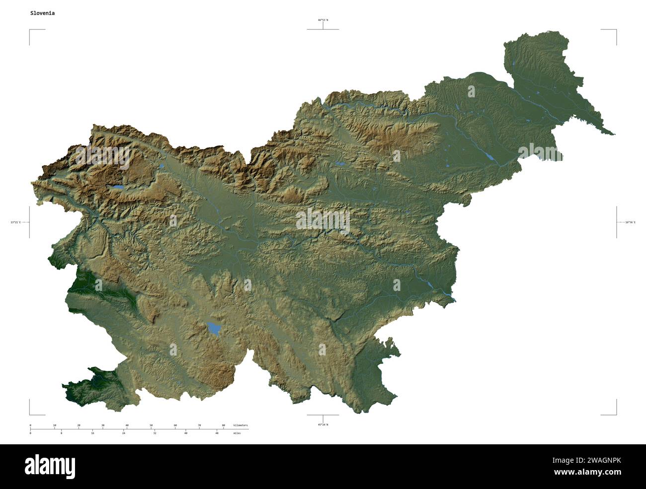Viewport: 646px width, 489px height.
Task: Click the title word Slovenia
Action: (42, 13)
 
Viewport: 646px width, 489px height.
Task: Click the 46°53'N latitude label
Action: (323, 20)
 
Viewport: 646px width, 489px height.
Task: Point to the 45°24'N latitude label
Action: (323, 424)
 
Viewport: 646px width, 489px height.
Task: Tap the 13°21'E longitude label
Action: (16, 222)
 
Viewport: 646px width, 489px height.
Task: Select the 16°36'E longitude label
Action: (630, 222)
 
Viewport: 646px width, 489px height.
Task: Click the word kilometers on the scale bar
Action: (241, 425)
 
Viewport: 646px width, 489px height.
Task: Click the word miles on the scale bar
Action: (237, 433)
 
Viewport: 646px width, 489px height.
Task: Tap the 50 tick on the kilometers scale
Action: (151, 425)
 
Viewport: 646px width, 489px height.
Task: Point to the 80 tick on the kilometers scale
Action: (223, 425)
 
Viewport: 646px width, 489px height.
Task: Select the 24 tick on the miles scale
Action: (124, 433)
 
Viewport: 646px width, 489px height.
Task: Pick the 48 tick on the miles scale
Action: (217, 433)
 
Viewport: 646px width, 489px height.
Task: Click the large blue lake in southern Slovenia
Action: (214, 328)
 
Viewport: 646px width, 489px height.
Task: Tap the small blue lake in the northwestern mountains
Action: (117, 187)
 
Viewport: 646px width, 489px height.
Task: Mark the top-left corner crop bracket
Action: (31, 31)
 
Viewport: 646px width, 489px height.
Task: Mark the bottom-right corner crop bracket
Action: (615, 414)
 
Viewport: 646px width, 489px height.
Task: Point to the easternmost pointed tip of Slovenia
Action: (614, 134)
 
